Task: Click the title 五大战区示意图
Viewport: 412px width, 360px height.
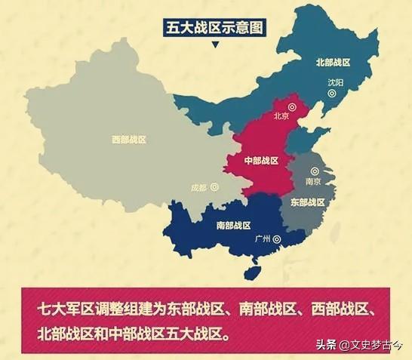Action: [x=216, y=29]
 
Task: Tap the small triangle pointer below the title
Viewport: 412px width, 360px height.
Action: [x=216, y=45]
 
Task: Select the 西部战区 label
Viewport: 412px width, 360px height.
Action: [x=128, y=140]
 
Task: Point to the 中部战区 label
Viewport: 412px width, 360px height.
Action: [x=261, y=161]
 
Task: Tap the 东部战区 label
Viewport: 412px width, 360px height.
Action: [x=307, y=202]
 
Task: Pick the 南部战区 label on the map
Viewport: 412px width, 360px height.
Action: [x=233, y=225]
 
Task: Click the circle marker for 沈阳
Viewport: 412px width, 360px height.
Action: [x=331, y=94]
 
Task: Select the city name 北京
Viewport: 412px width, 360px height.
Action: [x=281, y=115]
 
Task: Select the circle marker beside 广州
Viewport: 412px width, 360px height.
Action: [x=277, y=240]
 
